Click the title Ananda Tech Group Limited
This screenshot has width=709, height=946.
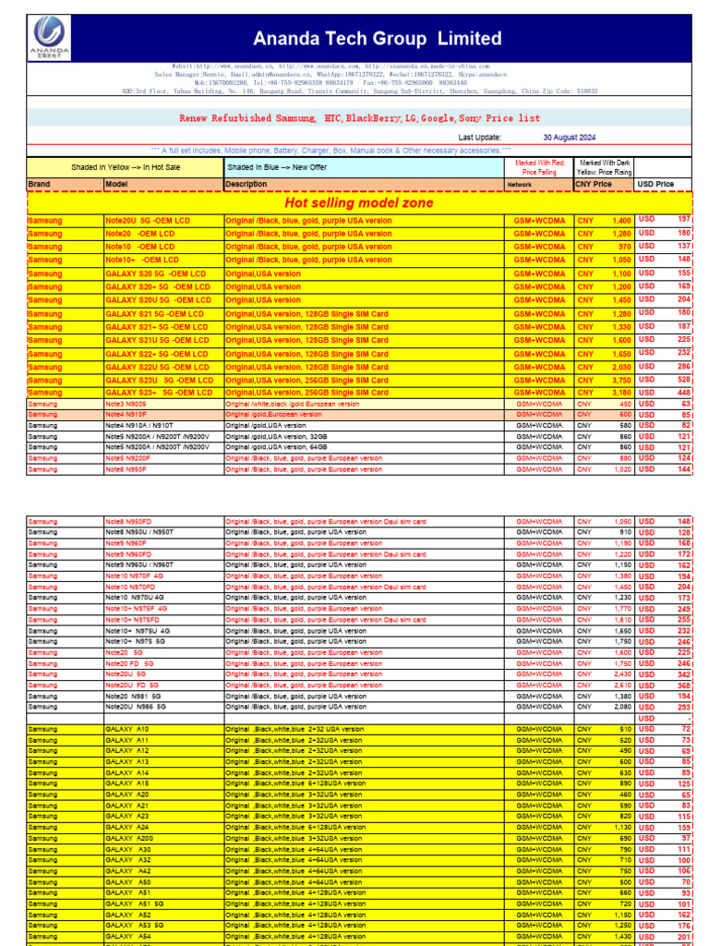(379, 39)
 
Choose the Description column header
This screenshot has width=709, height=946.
(246, 184)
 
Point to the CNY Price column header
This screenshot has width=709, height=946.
(594, 184)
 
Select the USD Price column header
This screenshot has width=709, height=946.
(655, 184)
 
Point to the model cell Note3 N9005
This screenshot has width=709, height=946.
(126, 404)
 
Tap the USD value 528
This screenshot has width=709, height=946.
(683, 380)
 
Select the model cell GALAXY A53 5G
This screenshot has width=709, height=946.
(135, 925)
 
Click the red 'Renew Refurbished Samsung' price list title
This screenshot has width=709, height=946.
(359, 118)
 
